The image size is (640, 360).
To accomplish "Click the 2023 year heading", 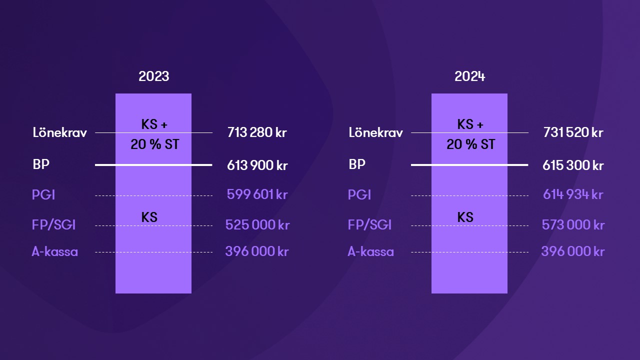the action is pos(153,76).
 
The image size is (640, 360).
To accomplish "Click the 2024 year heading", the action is pos(469,76).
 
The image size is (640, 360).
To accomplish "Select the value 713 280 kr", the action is pos(257,132).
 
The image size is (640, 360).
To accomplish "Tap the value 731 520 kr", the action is pos(573,132).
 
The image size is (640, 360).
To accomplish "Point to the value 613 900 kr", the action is pos(257,165).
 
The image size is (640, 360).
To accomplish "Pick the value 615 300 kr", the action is pos(573,165).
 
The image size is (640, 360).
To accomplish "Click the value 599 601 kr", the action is pos(257,194).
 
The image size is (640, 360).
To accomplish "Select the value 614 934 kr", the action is pos(573,194).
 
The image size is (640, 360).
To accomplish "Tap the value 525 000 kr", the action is pos(257,225).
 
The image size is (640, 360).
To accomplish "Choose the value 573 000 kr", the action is pos(573,225).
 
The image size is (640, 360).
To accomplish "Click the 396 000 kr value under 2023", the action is pos(257,251).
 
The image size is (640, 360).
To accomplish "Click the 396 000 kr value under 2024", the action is pos(573,251).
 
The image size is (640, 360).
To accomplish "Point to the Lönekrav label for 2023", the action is pos(59,132).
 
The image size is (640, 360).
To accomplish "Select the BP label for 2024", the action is pos(357,164).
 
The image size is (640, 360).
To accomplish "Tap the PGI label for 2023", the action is pos(43,194).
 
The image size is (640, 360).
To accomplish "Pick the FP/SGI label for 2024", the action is pos(369,225).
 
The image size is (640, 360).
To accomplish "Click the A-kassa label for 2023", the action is pos(54,251).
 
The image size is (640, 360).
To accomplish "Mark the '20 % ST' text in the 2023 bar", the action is pos(155,144).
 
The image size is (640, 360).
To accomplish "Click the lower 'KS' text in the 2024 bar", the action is pos(465,217).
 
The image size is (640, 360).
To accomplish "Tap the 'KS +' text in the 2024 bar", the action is pos(470,124).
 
